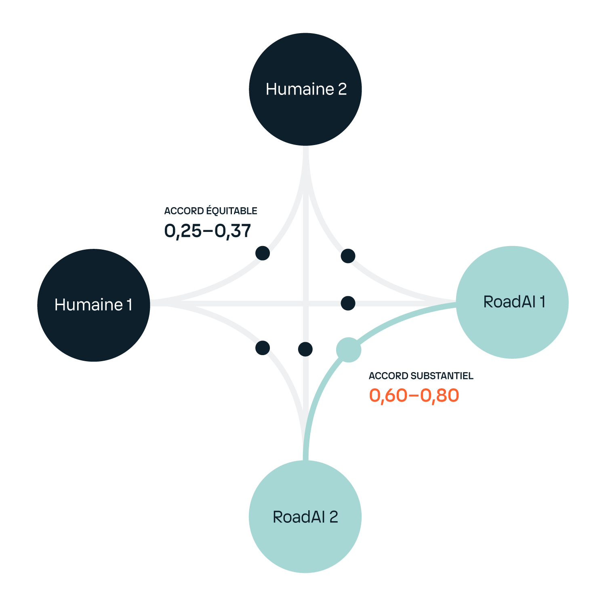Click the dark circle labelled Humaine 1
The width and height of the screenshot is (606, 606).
94,305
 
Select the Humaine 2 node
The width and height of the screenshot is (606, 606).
305,89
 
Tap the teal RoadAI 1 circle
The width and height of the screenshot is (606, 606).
512,302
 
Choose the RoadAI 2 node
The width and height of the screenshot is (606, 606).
305,516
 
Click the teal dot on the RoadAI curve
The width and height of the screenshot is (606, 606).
349,350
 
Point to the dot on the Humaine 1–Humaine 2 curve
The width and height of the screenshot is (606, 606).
263,253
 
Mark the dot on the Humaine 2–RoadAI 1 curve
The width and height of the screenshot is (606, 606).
348,256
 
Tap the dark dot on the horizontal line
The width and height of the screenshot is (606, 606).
348,303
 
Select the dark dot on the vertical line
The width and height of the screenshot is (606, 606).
305,349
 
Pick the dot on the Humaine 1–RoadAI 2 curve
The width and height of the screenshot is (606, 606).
263,347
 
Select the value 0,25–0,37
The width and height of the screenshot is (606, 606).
208,231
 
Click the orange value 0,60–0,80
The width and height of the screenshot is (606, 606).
414,396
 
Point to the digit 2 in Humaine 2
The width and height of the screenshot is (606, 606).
342,89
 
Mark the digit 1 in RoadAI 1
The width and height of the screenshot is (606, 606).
542,302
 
